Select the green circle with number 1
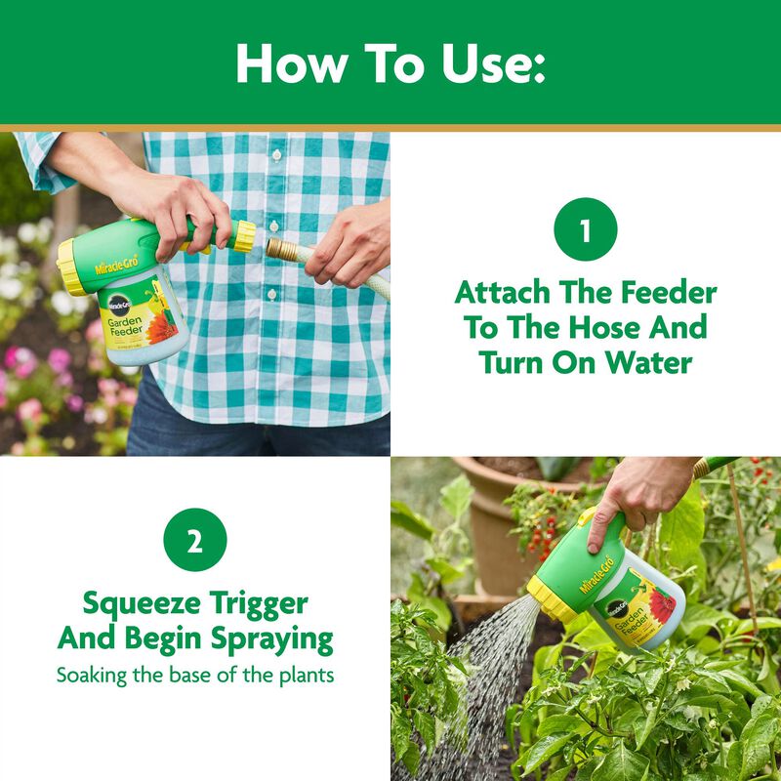pos(585,232)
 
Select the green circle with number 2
pos(194,540)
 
